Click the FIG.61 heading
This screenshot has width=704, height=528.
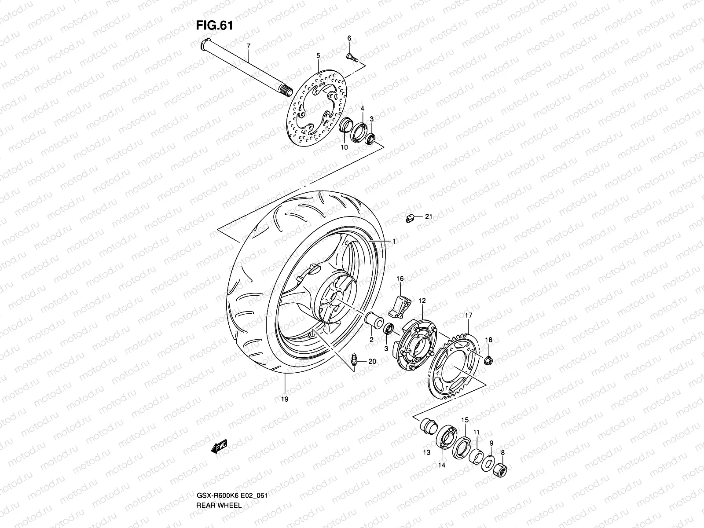[x=214, y=26]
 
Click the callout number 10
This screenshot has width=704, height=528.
[x=344, y=147]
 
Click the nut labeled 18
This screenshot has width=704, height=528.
[x=488, y=361]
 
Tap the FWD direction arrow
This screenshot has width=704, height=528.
[x=219, y=447]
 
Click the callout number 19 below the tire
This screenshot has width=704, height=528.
[x=285, y=399]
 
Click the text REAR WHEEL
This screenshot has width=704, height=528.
[x=219, y=480]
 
